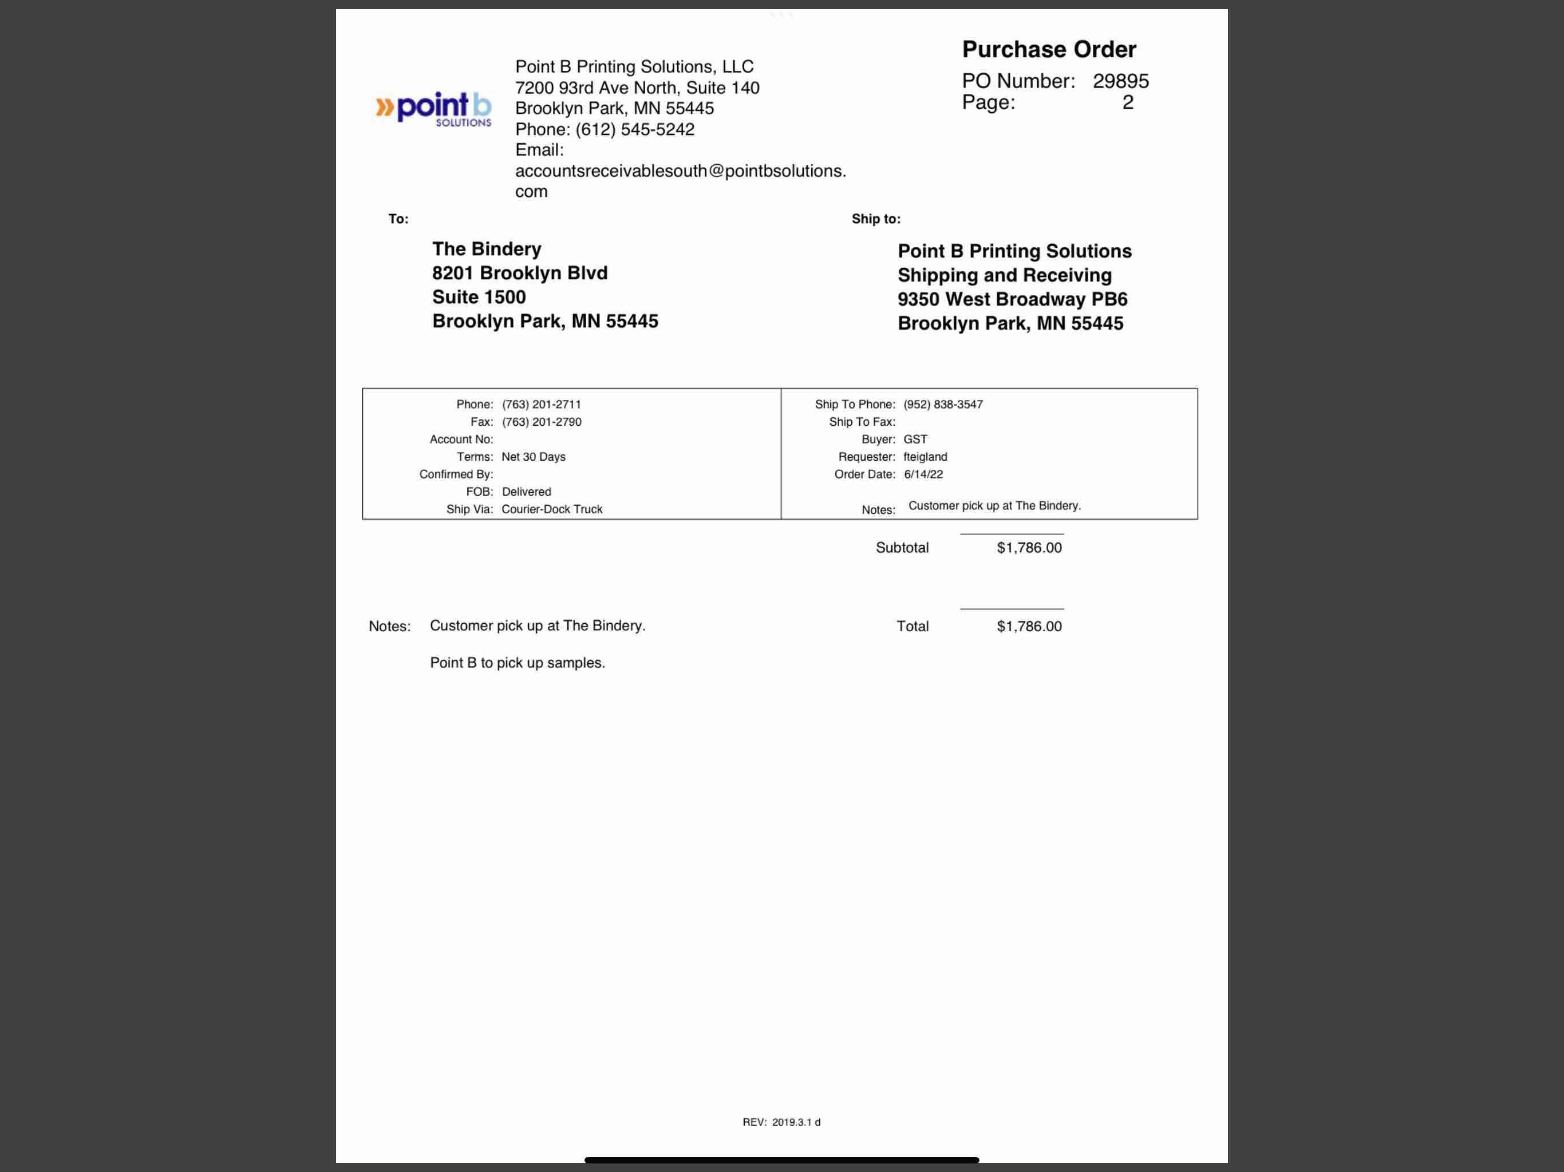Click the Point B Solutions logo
pyautogui.click(x=433, y=109)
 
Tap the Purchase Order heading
pyautogui.click(x=1049, y=49)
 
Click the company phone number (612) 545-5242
pyautogui.click(x=634, y=129)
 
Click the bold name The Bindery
pyautogui.click(x=487, y=249)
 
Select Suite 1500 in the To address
pyautogui.click(x=479, y=297)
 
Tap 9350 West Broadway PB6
pyautogui.click(x=1012, y=299)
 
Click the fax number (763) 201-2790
pyautogui.click(x=542, y=422)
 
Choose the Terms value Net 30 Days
pyautogui.click(x=533, y=457)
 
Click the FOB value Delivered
pyautogui.click(x=526, y=491)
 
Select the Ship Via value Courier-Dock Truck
pyautogui.click(x=551, y=509)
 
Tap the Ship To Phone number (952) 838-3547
pyautogui.click(x=942, y=405)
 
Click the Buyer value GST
pyautogui.click(x=915, y=439)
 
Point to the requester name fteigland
pyautogui.click(x=925, y=457)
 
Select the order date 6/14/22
pyautogui.click(x=923, y=474)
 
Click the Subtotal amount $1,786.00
pyautogui.click(x=1029, y=548)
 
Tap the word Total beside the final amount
pyautogui.click(x=912, y=626)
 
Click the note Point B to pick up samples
pyautogui.click(x=517, y=663)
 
